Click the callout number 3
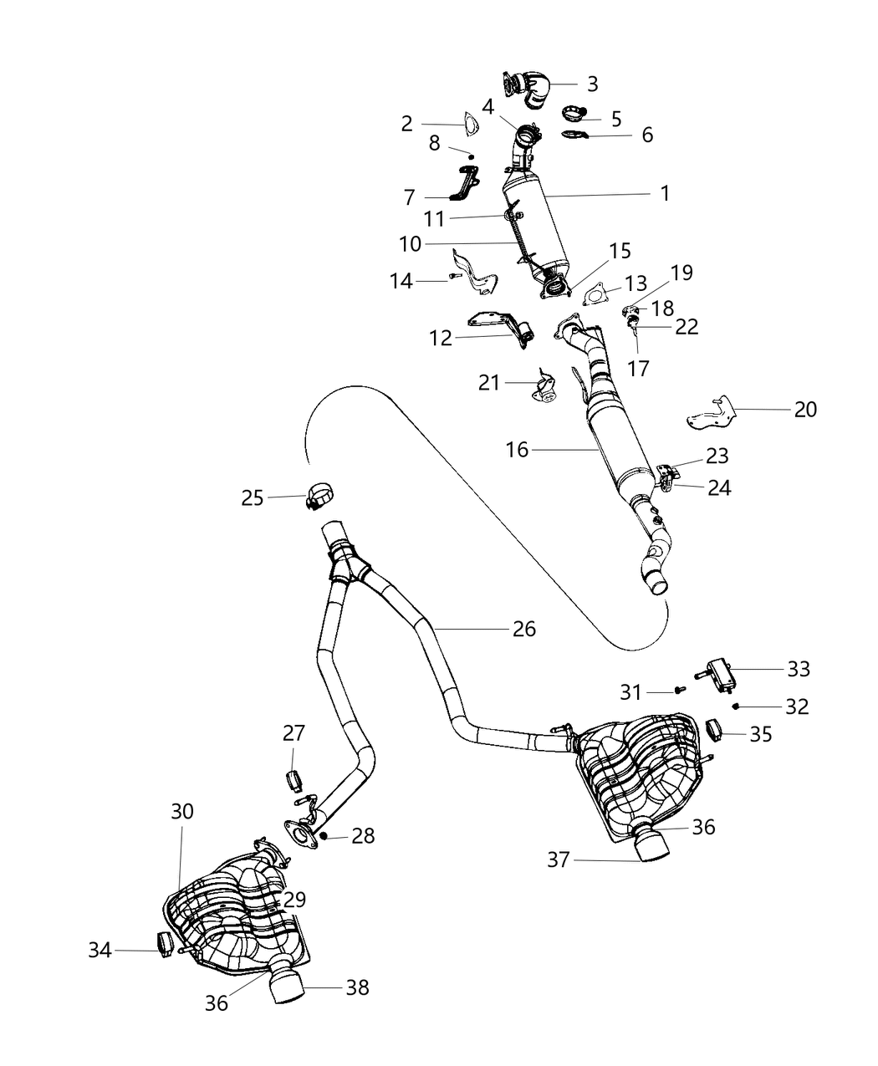[592, 84]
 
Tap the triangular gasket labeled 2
[472, 124]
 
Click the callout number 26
[524, 628]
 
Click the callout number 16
[518, 450]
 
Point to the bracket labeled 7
[465, 184]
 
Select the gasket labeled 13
[594, 295]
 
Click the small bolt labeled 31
[678, 691]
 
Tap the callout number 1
[664, 193]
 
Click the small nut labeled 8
[472, 156]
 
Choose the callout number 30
[182, 811]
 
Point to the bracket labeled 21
[546, 388]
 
